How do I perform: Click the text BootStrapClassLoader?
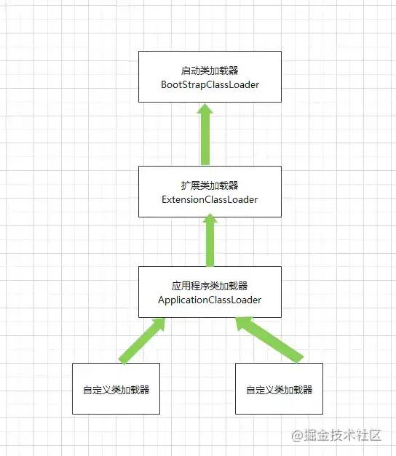point(210,84)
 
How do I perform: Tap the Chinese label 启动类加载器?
point(210,71)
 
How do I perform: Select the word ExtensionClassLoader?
point(210,199)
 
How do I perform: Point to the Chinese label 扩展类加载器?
point(210,185)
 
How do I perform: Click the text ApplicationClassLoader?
point(210,300)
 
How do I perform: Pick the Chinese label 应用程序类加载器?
point(210,286)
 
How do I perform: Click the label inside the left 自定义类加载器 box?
point(116,390)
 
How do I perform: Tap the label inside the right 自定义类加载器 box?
point(280,390)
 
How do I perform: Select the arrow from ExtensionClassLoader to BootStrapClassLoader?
point(205,134)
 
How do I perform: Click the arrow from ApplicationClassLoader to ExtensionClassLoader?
point(210,240)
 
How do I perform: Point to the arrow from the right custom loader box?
point(269,340)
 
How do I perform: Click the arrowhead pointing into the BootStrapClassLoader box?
point(205,108)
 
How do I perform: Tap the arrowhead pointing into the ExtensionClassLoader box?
point(210,218)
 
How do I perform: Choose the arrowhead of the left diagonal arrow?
point(159,324)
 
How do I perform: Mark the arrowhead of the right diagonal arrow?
point(242,323)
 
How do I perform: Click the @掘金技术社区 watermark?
point(336,436)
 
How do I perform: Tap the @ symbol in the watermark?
point(298,436)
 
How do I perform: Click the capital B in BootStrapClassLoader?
point(165,84)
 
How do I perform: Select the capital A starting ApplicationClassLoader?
point(162,300)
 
